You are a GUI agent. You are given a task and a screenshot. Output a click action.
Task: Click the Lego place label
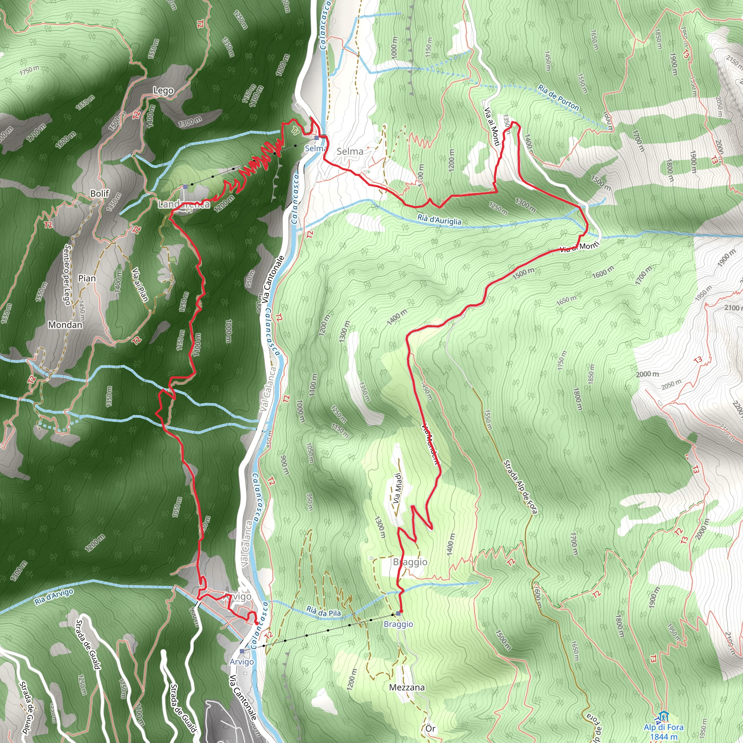pyautogui.click(x=164, y=91)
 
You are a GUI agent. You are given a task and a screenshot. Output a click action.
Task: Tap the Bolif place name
pyautogui.click(x=100, y=193)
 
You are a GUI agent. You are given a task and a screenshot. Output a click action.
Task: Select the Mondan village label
pyautogui.click(x=65, y=325)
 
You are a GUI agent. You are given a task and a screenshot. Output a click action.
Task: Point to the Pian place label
pyautogui.click(x=87, y=278)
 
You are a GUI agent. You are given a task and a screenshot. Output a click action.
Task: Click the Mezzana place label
pyautogui.click(x=407, y=687)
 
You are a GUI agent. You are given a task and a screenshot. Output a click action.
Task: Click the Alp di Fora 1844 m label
pyautogui.click(x=664, y=731)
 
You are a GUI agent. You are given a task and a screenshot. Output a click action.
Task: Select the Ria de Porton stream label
pyautogui.click(x=558, y=98)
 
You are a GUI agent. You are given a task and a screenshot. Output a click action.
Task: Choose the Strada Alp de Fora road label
pyautogui.click(x=520, y=487)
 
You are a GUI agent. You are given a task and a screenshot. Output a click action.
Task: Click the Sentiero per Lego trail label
pyautogui.click(x=67, y=275)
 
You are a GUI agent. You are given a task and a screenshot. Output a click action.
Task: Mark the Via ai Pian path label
pyautogui.click(x=140, y=284)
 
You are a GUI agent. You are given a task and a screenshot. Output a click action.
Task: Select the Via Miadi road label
pyautogui.click(x=397, y=488)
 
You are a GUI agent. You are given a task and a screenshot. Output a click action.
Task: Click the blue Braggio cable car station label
pyautogui.click(x=398, y=624)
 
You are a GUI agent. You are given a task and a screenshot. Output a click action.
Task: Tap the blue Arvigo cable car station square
pyautogui.click(x=242, y=651)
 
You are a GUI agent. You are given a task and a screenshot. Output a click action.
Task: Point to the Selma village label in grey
pyautogui.click(x=350, y=152)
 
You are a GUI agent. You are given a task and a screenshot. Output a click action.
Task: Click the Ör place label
pyautogui.click(x=430, y=728)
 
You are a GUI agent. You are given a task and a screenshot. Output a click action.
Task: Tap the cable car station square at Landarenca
pyautogui.click(x=185, y=186)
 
